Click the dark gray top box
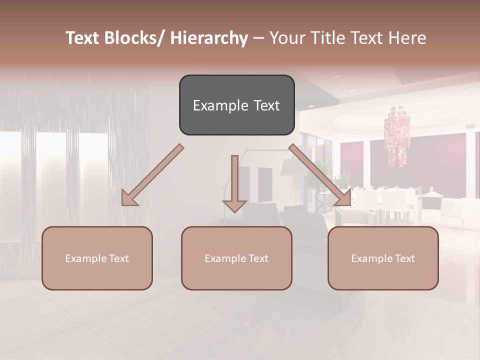(x=236, y=105)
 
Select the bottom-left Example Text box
(x=97, y=258)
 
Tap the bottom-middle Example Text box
(x=236, y=258)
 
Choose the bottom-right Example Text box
(x=383, y=258)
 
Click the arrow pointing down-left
(x=152, y=175)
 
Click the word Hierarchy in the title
(x=209, y=38)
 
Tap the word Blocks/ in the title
(x=136, y=38)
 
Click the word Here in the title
(x=407, y=38)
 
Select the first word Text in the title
(x=83, y=38)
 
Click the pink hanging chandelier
(x=397, y=135)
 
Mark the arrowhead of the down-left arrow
(x=129, y=199)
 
